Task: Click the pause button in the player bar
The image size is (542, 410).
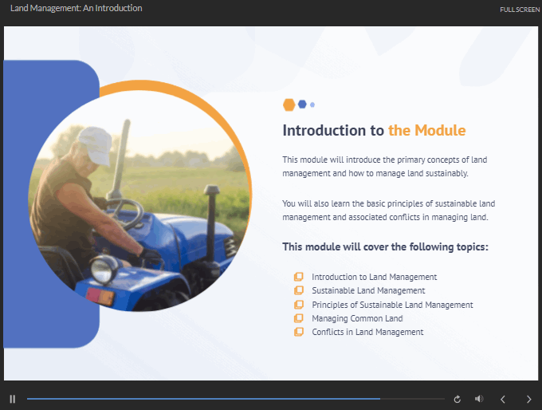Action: pyautogui.click(x=13, y=400)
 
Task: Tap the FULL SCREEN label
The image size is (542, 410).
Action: pyautogui.click(x=520, y=10)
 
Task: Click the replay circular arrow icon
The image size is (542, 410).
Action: pyautogui.click(x=458, y=400)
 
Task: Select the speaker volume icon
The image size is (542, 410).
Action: pyautogui.click(x=479, y=399)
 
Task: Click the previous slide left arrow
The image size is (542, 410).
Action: pyautogui.click(x=503, y=400)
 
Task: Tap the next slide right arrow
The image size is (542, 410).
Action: pyautogui.click(x=529, y=400)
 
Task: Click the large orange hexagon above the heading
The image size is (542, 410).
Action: pyautogui.click(x=289, y=104)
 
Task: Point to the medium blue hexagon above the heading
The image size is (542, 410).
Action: pyautogui.click(x=302, y=104)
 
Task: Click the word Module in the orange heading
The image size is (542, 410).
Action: pyautogui.click(x=440, y=131)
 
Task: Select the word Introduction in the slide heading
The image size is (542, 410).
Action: pyautogui.click(x=324, y=131)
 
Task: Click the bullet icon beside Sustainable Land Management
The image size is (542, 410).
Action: pyautogui.click(x=299, y=290)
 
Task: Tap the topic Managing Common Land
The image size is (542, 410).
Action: pyautogui.click(x=357, y=318)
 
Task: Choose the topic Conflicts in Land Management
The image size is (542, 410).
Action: pyautogui.click(x=367, y=332)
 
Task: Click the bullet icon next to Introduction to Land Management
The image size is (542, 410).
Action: pyautogui.click(x=299, y=277)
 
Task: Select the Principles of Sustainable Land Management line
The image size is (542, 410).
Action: pyautogui.click(x=392, y=305)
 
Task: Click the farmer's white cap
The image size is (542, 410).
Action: pyautogui.click(x=96, y=144)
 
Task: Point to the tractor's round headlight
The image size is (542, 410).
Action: pyautogui.click(x=103, y=269)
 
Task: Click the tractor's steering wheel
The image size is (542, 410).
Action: pyautogui.click(x=127, y=213)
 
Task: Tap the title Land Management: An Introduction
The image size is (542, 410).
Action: pyautogui.click(x=76, y=8)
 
